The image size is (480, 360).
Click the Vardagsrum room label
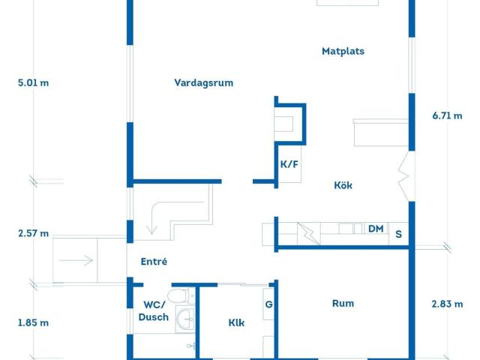[x=203, y=83]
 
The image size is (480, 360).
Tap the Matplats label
[x=343, y=52]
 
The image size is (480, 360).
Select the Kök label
[x=343, y=185]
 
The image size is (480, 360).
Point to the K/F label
[x=289, y=165]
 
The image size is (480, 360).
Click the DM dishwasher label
[x=376, y=229]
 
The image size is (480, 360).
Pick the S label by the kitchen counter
[x=398, y=234]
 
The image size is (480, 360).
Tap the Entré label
[x=154, y=262]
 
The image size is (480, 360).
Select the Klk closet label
[x=237, y=323]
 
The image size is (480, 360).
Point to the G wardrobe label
[x=268, y=304]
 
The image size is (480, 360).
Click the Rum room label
[x=343, y=304]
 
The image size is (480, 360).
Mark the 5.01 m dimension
[x=33, y=83]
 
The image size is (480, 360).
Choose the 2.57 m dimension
[x=33, y=233]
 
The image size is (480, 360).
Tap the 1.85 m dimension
[x=33, y=323]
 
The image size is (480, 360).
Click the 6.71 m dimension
[x=447, y=115]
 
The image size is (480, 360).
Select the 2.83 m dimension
[x=447, y=304]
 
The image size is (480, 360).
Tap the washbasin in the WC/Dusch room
[x=184, y=321]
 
